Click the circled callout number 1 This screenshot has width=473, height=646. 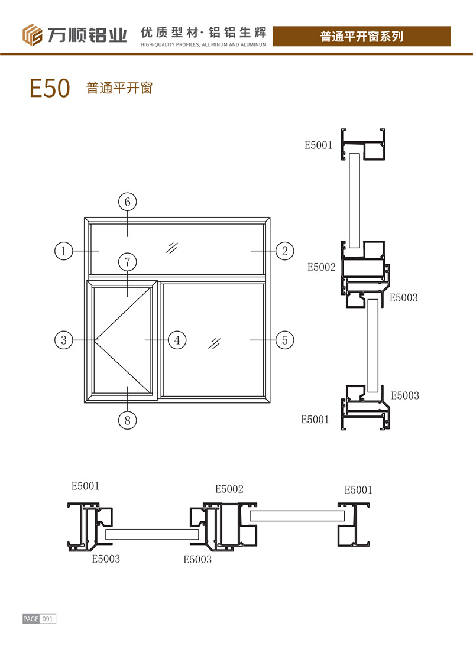[x=63, y=251]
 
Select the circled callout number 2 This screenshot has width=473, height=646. [x=284, y=251]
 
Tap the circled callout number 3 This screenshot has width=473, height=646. [x=63, y=340]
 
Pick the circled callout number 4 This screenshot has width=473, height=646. [x=177, y=340]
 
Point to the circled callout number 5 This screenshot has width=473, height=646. [x=284, y=340]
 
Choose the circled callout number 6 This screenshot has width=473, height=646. [x=127, y=202]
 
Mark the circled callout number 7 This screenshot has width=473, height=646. [x=127, y=261]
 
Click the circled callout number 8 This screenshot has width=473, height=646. [x=127, y=420]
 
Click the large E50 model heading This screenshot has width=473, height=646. [x=50, y=88]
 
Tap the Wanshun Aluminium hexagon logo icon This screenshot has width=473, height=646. [x=33, y=35]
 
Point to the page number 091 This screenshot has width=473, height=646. [x=48, y=619]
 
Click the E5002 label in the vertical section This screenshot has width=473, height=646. [x=321, y=267]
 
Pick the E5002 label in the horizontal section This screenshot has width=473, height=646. [x=229, y=489]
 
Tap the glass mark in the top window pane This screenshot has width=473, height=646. [x=172, y=246]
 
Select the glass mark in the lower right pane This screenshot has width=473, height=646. [x=215, y=343]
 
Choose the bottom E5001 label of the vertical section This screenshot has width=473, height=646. [x=315, y=420]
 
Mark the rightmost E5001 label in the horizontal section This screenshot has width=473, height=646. [x=358, y=489]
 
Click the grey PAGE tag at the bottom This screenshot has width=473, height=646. [x=31, y=619]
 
